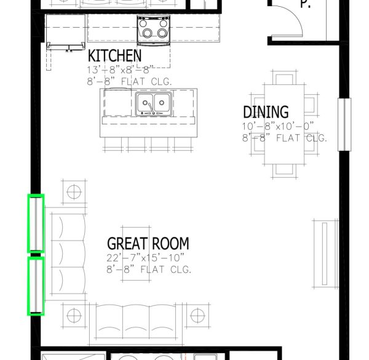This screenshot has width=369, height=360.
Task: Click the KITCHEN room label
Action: click(x=114, y=55)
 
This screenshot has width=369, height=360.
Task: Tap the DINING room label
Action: click(x=266, y=112)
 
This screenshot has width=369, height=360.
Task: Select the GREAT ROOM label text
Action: click(x=148, y=244)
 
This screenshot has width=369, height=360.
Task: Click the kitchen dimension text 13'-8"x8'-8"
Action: click(x=121, y=70)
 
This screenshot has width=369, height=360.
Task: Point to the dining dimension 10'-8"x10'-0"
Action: click(x=278, y=126)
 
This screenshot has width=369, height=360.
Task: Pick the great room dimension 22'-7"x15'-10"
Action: click(x=145, y=258)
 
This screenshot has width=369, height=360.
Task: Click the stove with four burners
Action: click(x=153, y=30)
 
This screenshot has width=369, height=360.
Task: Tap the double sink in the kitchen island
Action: click(x=154, y=104)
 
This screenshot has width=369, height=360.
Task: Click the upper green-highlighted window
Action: click(x=36, y=223)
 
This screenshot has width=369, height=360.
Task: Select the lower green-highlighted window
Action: click(x=36, y=286)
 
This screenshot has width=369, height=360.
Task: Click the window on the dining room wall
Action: click(x=344, y=124)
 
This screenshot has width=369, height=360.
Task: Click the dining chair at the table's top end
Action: click(x=284, y=78)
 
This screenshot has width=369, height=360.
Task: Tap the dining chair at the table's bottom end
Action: click(x=284, y=171)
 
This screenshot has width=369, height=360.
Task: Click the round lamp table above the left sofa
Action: click(x=74, y=191)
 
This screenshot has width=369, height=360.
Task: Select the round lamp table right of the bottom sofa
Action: click(x=197, y=315)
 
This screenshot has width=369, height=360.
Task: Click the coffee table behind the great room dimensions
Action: click(x=136, y=254)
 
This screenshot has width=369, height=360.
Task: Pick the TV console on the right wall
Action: click(x=325, y=254)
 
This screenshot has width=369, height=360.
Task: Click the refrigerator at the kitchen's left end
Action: click(x=66, y=32)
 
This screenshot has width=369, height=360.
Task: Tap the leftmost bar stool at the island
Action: click(x=113, y=144)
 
